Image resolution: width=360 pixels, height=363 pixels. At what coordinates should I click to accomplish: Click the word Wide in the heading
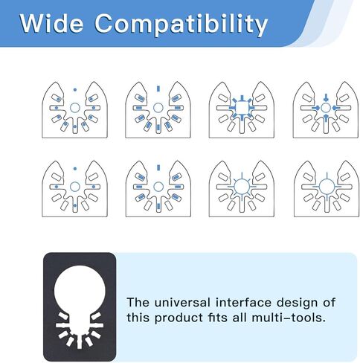click(x=51, y=23)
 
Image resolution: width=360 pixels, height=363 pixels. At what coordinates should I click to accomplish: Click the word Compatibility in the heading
click(x=181, y=25)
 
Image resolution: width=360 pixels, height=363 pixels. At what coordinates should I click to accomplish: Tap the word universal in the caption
click(x=182, y=303)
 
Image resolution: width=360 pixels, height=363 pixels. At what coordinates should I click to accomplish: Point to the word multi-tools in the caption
click(x=289, y=318)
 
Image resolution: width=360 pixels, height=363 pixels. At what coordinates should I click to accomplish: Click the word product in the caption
click(x=179, y=318)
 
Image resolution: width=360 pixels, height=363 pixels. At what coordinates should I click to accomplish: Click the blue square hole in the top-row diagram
click(x=242, y=108)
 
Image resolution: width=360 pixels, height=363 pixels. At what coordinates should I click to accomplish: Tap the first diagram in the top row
click(x=74, y=109)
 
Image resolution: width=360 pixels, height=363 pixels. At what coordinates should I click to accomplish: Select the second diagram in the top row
click(x=158, y=109)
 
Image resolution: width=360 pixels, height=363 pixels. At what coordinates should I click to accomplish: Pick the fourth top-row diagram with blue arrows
click(x=326, y=109)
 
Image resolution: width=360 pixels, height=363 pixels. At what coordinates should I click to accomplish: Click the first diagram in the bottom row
click(x=74, y=189)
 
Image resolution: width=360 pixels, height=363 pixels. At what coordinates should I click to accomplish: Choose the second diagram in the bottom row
click(x=158, y=189)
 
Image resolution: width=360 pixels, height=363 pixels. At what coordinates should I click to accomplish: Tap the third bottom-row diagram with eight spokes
click(x=242, y=189)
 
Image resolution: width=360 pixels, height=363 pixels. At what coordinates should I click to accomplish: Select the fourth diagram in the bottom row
click(x=327, y=189)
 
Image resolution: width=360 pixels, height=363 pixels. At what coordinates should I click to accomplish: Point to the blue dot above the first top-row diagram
click(x=75, y=90)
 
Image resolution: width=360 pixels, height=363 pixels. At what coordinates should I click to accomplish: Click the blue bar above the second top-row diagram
click(x=158, y=89)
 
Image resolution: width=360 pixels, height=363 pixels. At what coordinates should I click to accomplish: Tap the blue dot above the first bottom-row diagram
click(x=75, y=169)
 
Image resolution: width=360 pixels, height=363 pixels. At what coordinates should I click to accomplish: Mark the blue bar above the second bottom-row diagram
click(x=158, y=168)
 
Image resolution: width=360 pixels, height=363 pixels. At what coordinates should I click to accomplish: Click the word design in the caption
click(x=297, y=303)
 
